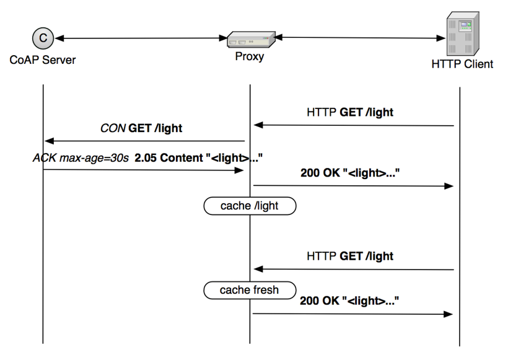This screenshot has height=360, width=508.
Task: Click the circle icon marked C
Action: point(43,38)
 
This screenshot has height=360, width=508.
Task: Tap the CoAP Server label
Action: point(42,60)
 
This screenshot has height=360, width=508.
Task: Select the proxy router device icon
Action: point(250,40)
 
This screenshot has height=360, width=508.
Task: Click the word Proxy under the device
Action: point(249,58)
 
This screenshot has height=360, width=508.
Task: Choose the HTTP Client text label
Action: point(462,64)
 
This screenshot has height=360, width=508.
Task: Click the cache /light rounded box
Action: point(250,206)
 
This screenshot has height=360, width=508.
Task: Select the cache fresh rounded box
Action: point(250,289)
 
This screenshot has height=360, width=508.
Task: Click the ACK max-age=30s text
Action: point(81,158)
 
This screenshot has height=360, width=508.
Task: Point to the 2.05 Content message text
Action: point(195,158)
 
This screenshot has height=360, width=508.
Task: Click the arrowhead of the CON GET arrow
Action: point(49,141)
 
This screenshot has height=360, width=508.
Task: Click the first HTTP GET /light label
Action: point(350,113)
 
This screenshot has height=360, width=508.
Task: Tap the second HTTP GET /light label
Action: point(350,256)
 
